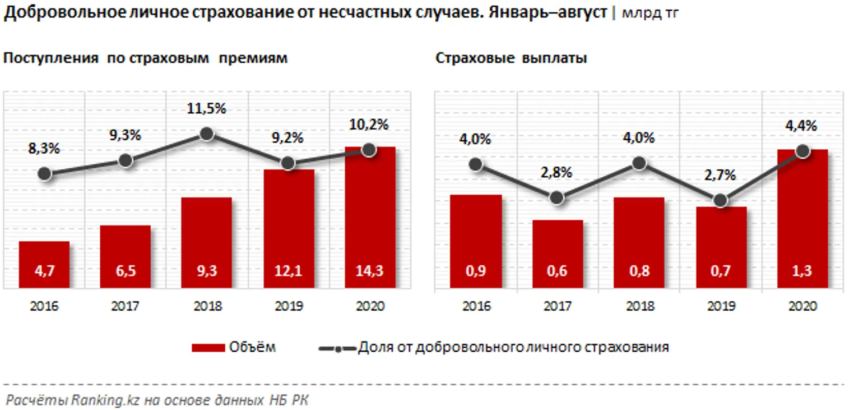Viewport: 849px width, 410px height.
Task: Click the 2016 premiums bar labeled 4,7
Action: click(x=44, y=265)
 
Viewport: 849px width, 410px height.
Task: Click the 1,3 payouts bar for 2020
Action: click(x=802, y=219)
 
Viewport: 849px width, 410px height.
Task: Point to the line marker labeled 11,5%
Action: click(x=206, y=133)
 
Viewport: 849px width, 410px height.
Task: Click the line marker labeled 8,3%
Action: click(x=45, y=174)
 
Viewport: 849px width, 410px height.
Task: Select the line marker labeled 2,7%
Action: click(x=722, y=200)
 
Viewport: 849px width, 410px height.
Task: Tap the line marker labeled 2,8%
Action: click(x=557, y=198)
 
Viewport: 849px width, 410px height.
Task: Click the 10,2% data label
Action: click(x=369, y=125)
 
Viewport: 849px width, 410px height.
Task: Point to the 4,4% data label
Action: click(x=802, y=126)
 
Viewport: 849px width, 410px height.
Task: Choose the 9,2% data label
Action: click(x=288, y=137)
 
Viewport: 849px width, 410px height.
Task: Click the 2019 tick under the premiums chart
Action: click(x=289, y=307)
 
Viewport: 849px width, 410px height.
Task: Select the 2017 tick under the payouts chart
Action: click(x=558, y=307)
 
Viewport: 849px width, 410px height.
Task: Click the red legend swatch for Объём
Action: click(x=208, y=348)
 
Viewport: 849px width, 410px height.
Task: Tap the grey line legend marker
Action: click(x=337, y=348)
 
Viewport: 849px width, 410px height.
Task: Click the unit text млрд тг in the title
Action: click(x=649, y=13)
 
